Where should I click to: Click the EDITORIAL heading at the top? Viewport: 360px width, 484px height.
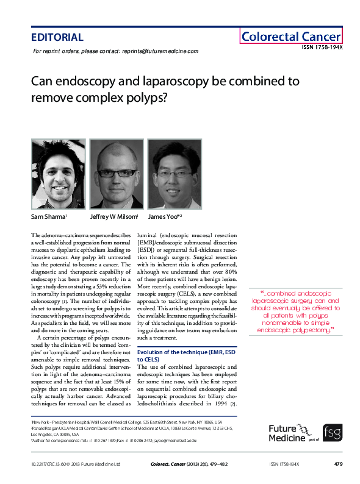[57, 37]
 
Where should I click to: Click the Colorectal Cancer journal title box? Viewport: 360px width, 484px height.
[290, 37]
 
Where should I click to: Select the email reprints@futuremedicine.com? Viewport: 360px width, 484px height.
[160, 51]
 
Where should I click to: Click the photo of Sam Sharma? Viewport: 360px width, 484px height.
[58, 174]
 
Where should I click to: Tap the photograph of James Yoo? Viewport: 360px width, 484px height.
[174, 174]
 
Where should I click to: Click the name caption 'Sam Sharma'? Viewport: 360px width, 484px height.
[48, 216]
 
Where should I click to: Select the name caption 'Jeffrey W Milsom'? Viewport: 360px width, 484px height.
[114, 216]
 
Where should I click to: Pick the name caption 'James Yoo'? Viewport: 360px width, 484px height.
[164, 216]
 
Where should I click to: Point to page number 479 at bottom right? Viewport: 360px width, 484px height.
[339, 464]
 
